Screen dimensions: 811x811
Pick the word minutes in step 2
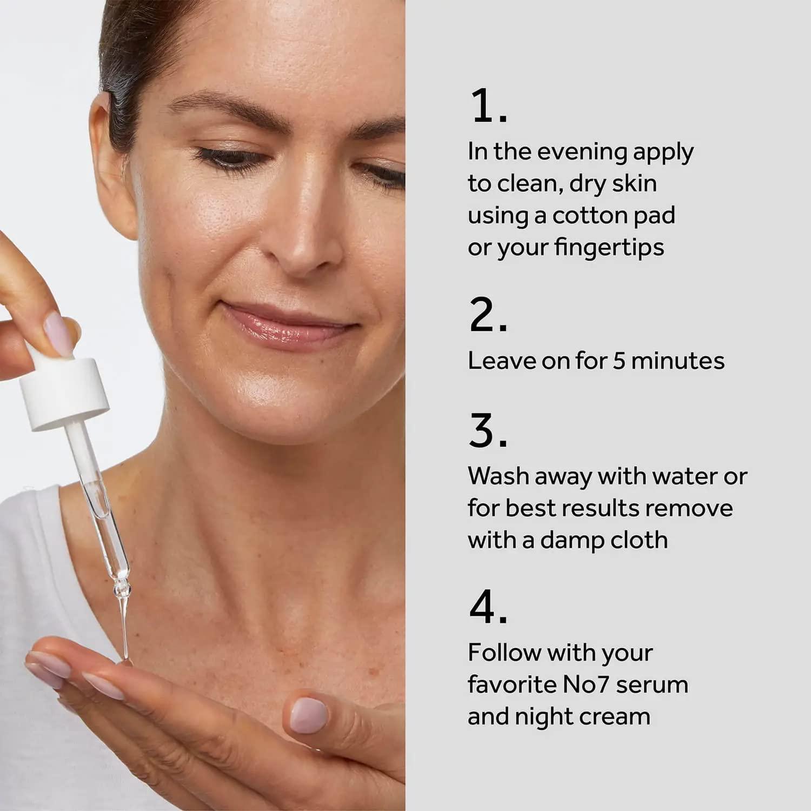click(x=677, y=361)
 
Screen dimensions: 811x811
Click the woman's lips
click(x=287, y=324)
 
